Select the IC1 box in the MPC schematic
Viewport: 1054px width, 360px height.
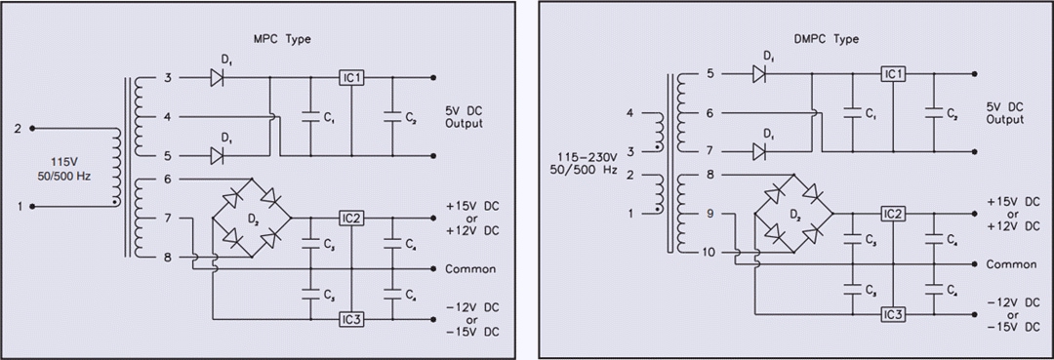[x=351, y=77]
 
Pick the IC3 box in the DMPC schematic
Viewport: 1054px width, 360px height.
[x=893, y=314]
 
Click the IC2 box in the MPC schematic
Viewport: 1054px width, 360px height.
[x=351, y=218]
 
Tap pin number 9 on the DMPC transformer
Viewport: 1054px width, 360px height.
[x=709, y=213]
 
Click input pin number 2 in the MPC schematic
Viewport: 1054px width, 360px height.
[x=17, y=128]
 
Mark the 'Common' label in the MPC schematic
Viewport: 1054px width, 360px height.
[x=471, y=269]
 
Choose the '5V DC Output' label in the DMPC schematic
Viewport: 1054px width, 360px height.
[x=1005, y=113]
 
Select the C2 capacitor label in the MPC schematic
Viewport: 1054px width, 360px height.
[x=411, y=118]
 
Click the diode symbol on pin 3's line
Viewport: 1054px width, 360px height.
[x=218, y=78]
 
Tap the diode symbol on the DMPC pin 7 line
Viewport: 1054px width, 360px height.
[x=759, y=150]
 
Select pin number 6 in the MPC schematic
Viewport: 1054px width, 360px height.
[x=167, y=179]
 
